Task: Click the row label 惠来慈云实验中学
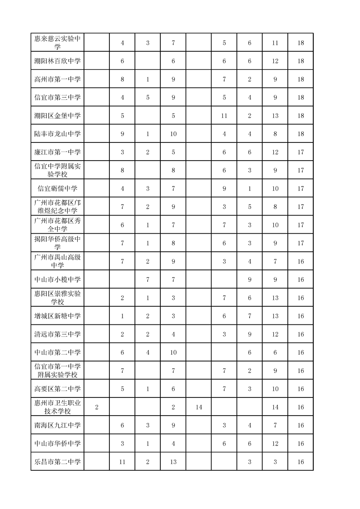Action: coord(58,42)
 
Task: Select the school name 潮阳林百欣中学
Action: coord(58,61)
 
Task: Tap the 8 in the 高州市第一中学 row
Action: coord(123,79)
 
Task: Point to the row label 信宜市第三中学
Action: coord(58,97)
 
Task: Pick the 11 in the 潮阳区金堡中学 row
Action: coord(224,116)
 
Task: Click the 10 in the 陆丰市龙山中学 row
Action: coord(173,134)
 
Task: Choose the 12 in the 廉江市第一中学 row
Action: coord(275,152)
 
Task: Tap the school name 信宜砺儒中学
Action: coord(58,188)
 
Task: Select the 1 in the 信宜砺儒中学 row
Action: coord(250,188)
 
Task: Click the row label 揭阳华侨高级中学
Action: coord(58,243)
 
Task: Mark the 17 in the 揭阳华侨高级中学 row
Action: coord(301,243)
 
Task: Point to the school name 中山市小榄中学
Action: coord(58,279)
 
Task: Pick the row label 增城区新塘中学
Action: coord(58,316)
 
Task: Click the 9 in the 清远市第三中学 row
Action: coord(250,334)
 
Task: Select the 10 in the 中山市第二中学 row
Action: coord(173,352)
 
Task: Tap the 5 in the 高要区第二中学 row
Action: coord(123,389)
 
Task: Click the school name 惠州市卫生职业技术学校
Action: coord(58,407)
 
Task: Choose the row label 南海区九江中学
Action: coord(58,425)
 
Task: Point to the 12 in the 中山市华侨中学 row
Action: coord(275,443)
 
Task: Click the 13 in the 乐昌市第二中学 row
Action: coord(173,462)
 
